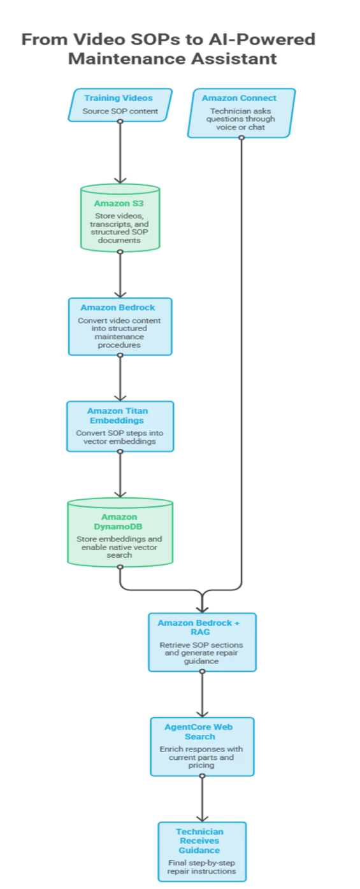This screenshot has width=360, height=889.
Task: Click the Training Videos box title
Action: tap(119, 98)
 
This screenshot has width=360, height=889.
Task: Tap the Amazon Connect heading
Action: tap(239, 98)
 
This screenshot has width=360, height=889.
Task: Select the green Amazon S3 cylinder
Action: tap(120, 218)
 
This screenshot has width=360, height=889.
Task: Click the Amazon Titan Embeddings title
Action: tap(117, 416)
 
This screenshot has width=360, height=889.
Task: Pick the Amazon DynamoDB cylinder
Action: tap(120, 532)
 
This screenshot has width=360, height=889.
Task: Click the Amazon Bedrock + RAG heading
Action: tap(199, 627)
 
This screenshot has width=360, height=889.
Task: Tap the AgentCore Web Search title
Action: tap(199, 732)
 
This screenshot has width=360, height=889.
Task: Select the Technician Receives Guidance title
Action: tap(199, 841)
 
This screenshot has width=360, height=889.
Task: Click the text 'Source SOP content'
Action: tap(120, 111)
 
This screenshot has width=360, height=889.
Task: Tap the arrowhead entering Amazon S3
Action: tap(120, 180)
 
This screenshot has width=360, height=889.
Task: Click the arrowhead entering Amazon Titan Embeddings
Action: tap(120, 397)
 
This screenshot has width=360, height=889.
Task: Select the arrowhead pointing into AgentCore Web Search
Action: tap(203, 714)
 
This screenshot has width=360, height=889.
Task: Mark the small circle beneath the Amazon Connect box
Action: tap(241, 138)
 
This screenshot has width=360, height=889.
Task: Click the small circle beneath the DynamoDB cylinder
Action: tap(120, 567)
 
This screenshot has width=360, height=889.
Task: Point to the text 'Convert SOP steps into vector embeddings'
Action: tap(120, 437)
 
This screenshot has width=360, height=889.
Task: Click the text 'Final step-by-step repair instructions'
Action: tap(201, 867)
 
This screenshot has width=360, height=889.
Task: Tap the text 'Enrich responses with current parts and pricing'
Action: tap(201, 757)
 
